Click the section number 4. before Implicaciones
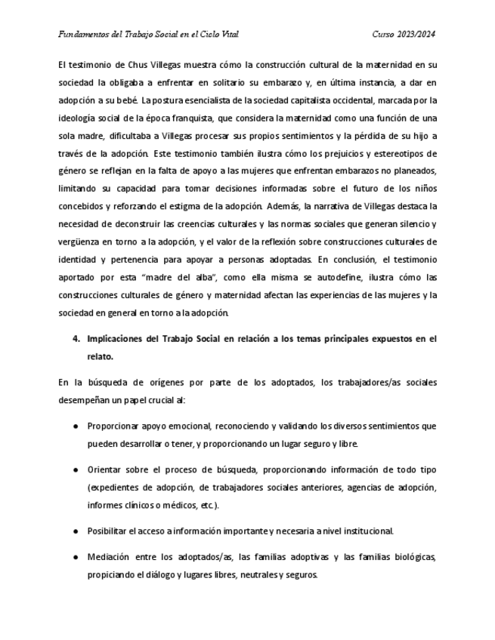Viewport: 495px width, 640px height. (76, 339)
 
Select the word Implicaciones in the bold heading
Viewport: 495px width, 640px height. (119, 339)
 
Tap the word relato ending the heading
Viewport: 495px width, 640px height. (101, 356)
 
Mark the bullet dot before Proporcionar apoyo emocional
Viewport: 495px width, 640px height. (76, 426)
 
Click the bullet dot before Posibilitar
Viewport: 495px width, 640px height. (76, 531)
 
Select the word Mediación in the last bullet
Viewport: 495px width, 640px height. (110, 557)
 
